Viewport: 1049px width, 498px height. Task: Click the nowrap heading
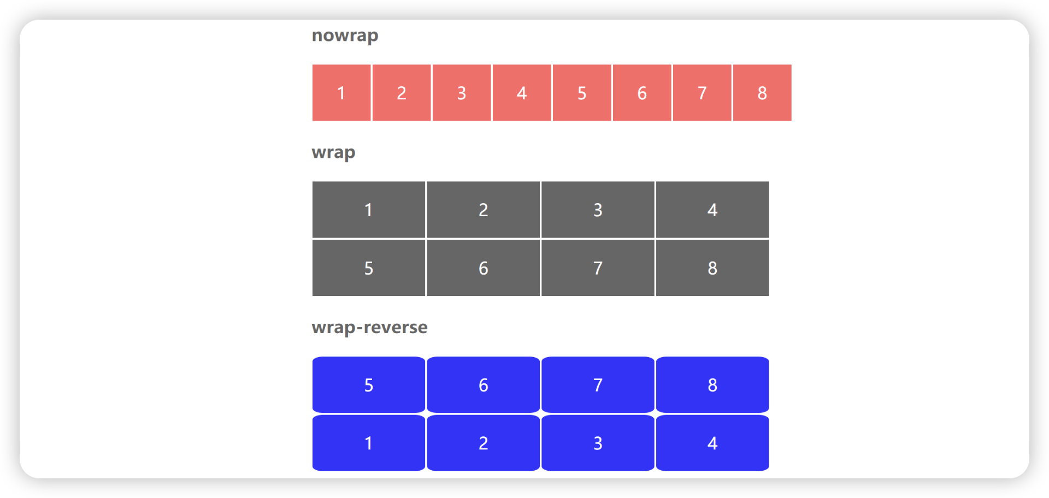345,35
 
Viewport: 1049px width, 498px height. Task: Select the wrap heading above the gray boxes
333,152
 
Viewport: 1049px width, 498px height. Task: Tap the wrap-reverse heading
369,328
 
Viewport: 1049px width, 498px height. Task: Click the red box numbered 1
341,93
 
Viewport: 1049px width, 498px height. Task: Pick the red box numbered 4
522,93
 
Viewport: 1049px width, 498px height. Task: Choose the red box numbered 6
642,93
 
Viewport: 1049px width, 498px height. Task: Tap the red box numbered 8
762,93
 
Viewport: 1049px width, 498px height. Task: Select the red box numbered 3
462,93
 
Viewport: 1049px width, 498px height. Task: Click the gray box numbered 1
369,210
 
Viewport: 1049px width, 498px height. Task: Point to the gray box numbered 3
598,210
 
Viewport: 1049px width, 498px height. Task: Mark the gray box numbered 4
712,210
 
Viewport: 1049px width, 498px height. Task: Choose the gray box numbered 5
369,268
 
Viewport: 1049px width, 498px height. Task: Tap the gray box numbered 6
484,268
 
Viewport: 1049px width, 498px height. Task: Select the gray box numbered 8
712,268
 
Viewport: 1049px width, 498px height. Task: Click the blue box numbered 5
369,385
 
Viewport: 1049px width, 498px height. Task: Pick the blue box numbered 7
598,385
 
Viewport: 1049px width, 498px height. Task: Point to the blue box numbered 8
712,385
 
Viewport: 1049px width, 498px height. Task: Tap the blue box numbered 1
369,443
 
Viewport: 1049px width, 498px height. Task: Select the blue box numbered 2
484,443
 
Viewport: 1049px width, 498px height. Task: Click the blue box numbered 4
712,443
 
